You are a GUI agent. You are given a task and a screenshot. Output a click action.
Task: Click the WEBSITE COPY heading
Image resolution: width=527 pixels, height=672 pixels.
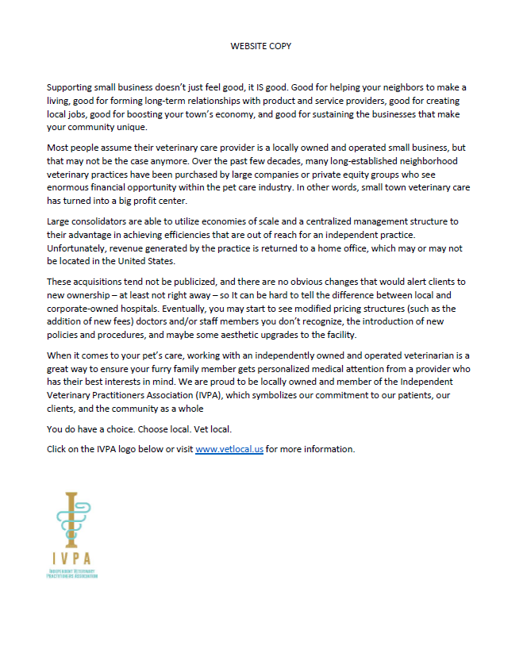(261, 46)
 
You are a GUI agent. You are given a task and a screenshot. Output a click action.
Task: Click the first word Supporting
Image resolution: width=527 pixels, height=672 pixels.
(69, 86)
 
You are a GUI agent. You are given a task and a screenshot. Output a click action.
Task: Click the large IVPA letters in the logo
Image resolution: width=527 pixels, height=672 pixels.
(71, 558)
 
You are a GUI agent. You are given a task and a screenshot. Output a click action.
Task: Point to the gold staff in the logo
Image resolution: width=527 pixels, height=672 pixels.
(71, 516)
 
